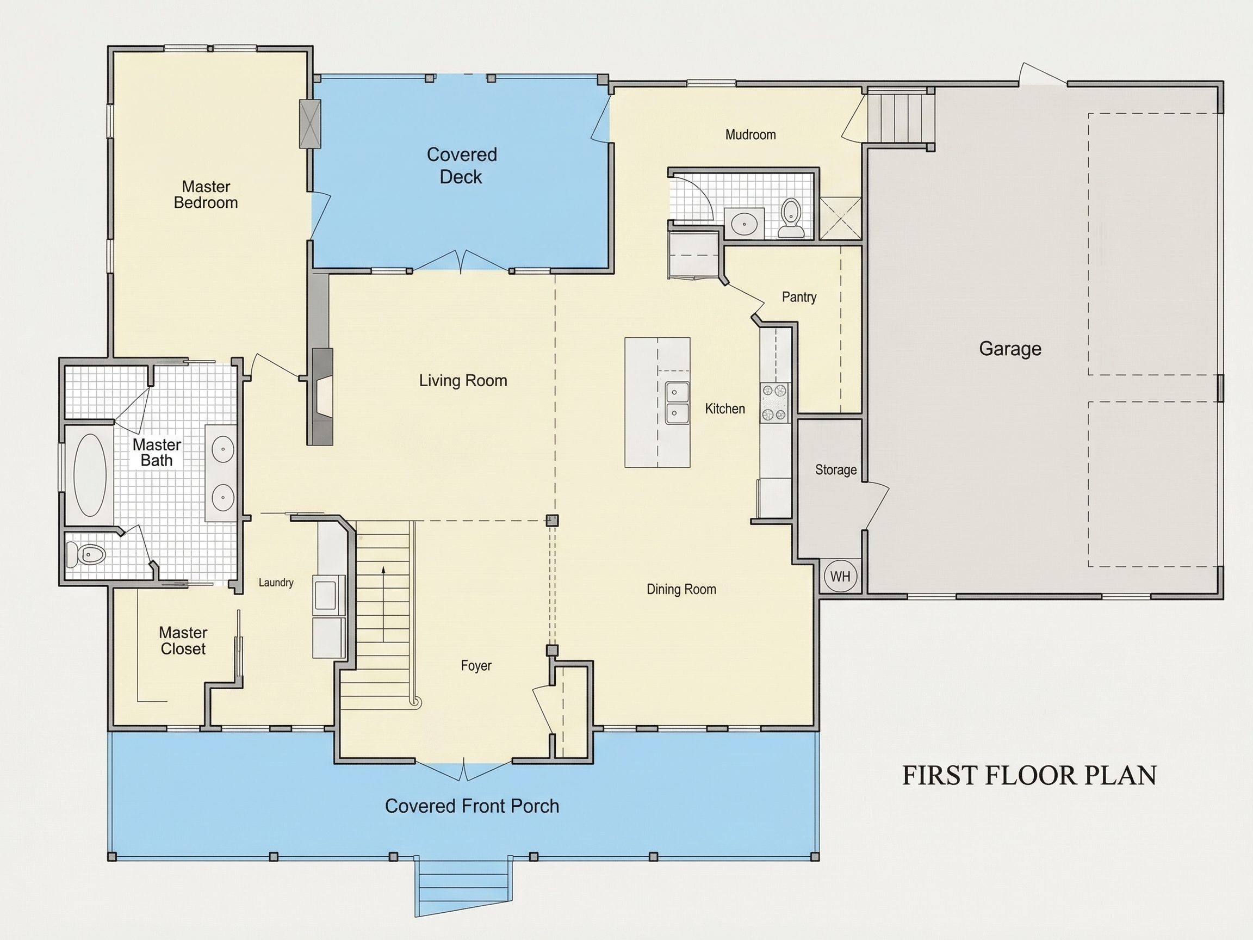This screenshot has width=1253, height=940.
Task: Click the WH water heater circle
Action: click(x=840, y=576)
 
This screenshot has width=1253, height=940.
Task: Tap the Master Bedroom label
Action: click(x=206, y=194)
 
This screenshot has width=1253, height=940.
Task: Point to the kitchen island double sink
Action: click(x=677, y=403)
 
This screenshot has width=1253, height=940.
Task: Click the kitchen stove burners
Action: click(x=774, y=403)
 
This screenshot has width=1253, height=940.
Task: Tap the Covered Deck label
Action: click(x=462, y=165)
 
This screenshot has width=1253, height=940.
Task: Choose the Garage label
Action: click(x=1010, y=349)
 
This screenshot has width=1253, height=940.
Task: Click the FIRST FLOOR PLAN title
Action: click(x=1029, y=776)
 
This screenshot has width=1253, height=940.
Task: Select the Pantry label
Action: click(x=799, y=297)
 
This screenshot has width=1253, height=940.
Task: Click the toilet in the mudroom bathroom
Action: click(x=791, y=218)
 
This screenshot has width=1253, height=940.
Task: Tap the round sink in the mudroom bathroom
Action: click(x=745, y=224)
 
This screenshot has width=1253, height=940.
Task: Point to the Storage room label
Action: click(x=835, y=469)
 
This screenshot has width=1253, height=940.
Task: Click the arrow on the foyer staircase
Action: click(x=383, y=603)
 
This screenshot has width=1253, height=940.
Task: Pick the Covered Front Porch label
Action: click(x=472, y=806)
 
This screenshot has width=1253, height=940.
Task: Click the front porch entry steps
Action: click(x=463, y=889)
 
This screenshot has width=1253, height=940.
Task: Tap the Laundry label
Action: click(x=276, y=583)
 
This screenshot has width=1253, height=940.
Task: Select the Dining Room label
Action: click(x=681, y=589)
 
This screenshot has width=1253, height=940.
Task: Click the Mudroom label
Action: click(x=750, y=135)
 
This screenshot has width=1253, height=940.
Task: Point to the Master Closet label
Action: click(x=183, y=641)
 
